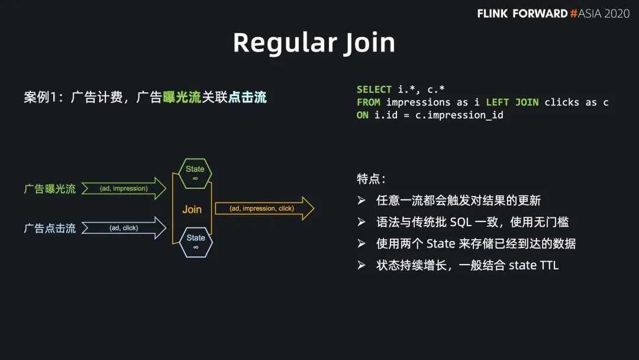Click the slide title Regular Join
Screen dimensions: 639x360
tap(314, 43)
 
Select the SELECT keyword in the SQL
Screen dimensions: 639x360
tap(374, 89)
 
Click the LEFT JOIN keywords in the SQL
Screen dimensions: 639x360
tap(512, 102)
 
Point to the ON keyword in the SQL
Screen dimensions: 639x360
tap(362, 115)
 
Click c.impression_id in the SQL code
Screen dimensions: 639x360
tap(459, 115)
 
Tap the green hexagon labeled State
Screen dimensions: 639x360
tap(195, 173)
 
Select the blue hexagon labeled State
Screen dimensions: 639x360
tap(196, 242)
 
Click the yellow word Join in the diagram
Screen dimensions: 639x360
tap(192, 209)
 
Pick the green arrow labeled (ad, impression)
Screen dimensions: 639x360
tap(124, 188)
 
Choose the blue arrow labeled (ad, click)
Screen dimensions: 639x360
tap(124, 228)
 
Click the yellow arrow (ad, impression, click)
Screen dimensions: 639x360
tap(264, 208)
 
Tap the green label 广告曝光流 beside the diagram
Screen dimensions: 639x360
tap(50, 189)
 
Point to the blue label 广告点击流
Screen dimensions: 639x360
tap(50, 229)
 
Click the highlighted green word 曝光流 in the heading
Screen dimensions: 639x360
tap(182, 97)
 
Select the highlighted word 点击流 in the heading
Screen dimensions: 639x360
tap(247, 97)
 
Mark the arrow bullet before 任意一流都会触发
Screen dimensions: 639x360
tap(362, 200)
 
